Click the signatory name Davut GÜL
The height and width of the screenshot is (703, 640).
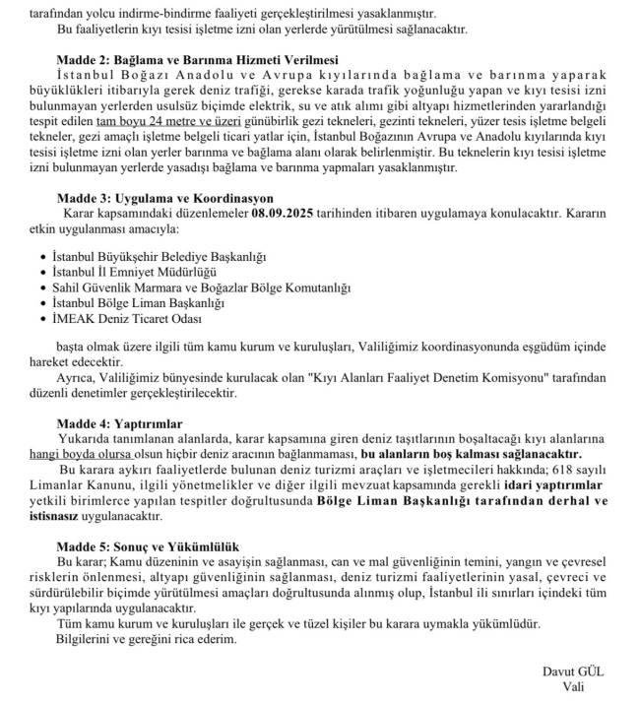point(572,671)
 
